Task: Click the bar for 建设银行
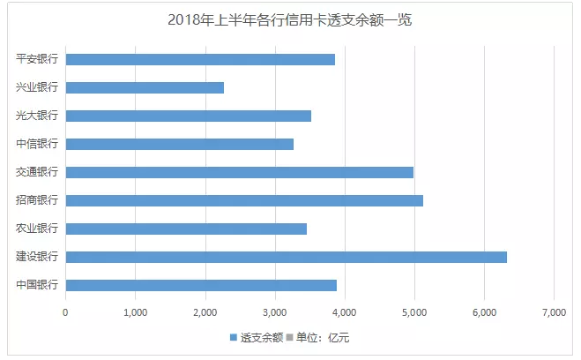pos(286,257)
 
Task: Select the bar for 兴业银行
pos(145,87)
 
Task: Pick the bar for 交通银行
pos(239,172)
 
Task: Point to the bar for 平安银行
pos(200,59)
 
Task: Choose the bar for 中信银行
pos(179,144)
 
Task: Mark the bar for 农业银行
pos(186,229)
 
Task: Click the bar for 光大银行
pos(188,116)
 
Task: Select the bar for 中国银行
pos(201,285)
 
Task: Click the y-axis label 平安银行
pos(37,59)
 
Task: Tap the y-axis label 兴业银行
pos(37,87)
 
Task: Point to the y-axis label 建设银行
pos(37,257)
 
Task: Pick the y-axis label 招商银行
pos(37,200)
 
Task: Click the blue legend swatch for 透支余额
pos(234,337)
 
